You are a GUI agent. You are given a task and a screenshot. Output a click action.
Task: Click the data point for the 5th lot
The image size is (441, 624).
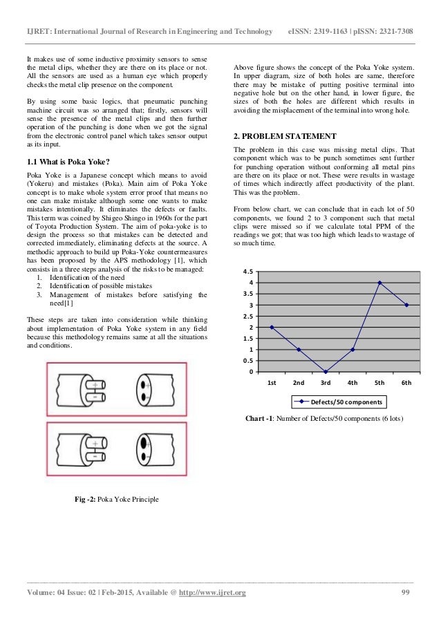tap(379, 283)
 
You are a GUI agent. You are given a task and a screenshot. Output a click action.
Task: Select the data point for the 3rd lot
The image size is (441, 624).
tap(326, 372)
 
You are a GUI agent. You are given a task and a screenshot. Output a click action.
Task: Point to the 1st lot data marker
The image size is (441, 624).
tap(272, 328)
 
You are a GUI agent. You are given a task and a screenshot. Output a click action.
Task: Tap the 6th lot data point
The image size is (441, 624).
tap(406, 305)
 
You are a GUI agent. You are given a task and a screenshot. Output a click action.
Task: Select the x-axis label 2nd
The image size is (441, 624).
tap(299, 382)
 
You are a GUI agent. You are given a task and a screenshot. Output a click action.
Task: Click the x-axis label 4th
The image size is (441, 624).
tap(353, 382)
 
